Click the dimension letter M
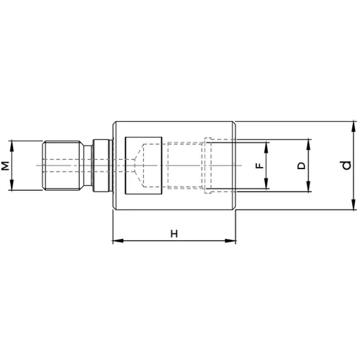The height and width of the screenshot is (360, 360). tap(5, 166)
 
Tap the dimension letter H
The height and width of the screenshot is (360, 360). tap(174, 233)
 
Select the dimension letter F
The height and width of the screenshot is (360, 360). tap(259, 166)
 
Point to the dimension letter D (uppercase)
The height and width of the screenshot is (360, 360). tap(302, 166)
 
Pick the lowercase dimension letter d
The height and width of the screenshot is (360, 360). tap(346, 166)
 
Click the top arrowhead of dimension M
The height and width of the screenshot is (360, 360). tap(12, 146)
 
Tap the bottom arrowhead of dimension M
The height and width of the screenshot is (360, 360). tap(12, 185)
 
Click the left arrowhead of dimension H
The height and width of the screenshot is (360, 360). tap(118, 240)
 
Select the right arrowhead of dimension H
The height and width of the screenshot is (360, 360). tap(230, 240)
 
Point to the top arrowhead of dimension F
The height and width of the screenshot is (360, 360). tap(266, 148)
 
